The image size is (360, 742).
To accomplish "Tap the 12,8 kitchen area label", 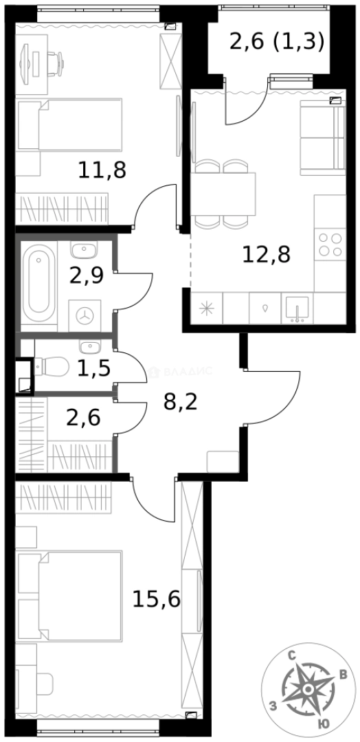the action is coord(266,255).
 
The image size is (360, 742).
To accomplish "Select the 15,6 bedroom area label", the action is coord(156,600).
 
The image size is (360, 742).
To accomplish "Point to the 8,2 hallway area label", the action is coord(180,403).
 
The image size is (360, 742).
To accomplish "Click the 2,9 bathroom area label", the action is coord(87,276).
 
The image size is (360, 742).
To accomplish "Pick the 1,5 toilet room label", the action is coord(93,368).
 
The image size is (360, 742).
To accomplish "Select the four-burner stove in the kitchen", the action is coord(330,245).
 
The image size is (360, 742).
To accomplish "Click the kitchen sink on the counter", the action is coord(297,308).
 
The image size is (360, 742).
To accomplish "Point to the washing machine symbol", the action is coord(85,315).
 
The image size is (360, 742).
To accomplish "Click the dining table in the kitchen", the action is coord(223,194).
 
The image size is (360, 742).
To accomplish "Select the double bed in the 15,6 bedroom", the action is coord(70,596).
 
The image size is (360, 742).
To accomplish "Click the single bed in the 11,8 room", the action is coord(70,124).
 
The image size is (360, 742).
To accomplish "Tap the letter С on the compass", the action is coord(293,657).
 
